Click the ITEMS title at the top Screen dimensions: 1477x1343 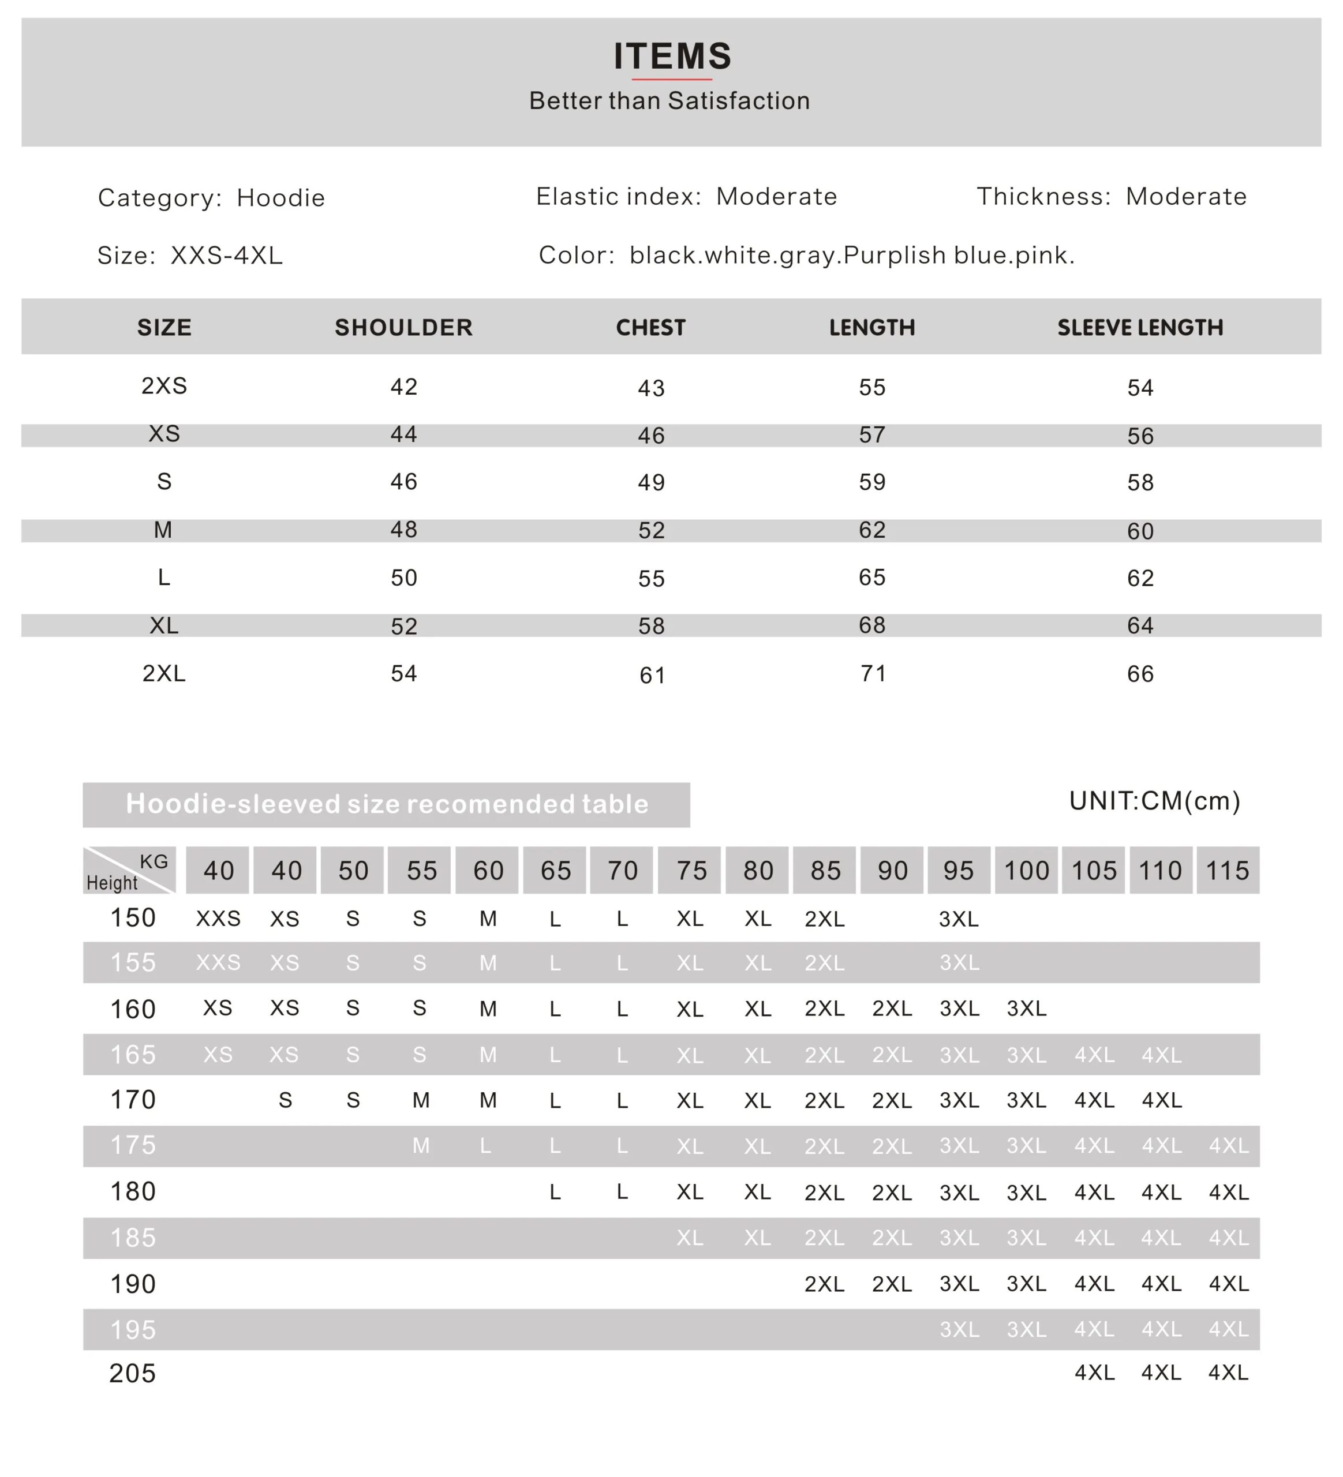672,57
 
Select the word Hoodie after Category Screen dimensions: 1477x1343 280,198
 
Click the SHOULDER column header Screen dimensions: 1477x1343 403,328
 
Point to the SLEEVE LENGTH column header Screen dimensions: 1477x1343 1139,328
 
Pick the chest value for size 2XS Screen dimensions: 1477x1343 650,388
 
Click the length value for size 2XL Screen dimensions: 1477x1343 872,673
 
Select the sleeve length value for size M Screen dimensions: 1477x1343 1140,531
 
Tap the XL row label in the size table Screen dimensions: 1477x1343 164,625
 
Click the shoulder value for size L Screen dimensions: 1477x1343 403,578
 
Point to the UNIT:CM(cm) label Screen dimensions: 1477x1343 1154,801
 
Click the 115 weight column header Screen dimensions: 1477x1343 1227,871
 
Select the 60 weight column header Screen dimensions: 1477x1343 488,871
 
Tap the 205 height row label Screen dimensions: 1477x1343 133,1373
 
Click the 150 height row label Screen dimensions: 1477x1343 133,918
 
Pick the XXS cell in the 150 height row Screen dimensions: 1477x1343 218,919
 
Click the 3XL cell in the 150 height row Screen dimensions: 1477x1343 959,919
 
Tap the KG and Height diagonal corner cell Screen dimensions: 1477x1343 129,871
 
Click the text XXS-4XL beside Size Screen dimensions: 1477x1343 226,256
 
